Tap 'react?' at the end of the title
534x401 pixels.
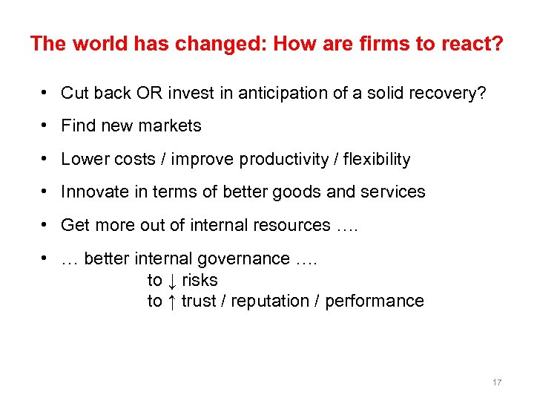(x=470, y=44)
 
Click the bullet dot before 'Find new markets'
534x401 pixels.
(x=46, y=125)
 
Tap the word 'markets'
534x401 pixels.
(x=173, y=126)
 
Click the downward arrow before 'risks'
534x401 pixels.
(x=171, y=280)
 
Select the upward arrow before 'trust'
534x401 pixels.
(x=171, y=301)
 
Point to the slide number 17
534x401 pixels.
(x=497, y=382)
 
